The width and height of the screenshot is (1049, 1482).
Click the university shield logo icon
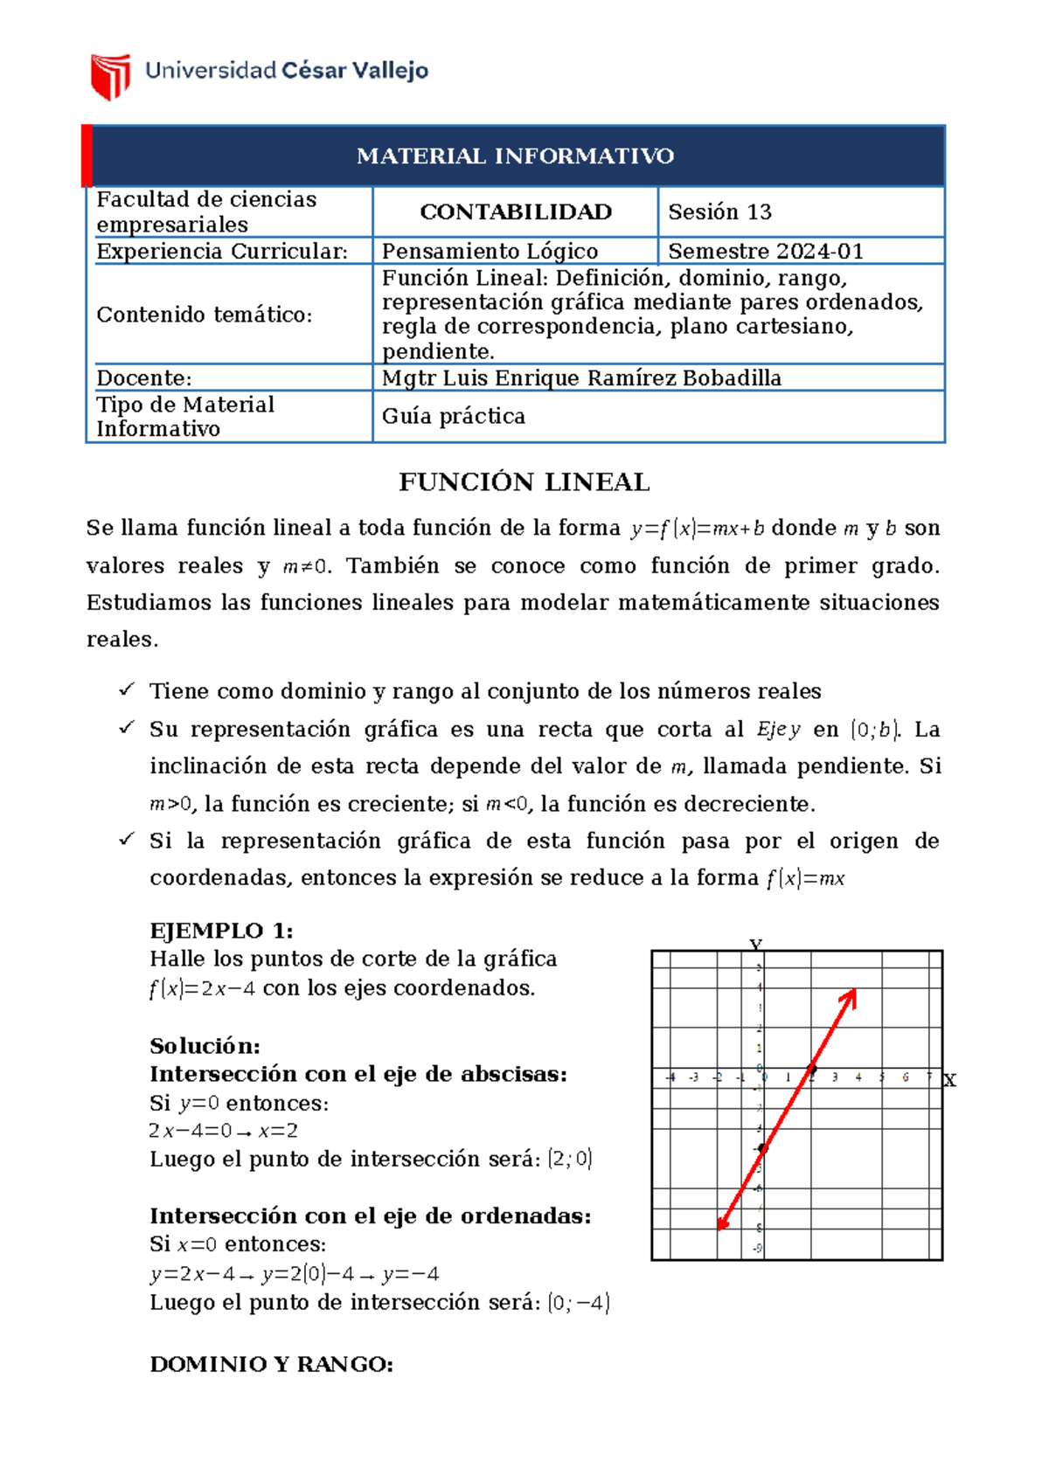[110, 76]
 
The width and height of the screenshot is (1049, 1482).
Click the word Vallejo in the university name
[390, 71]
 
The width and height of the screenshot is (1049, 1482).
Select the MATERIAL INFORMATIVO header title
[515, 156]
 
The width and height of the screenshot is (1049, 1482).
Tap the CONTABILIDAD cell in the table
[515, 211]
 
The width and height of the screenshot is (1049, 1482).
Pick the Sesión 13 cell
[719, 211]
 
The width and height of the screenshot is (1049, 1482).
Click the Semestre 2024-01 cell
[765, 252]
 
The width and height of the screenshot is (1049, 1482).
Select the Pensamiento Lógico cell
[490, 252]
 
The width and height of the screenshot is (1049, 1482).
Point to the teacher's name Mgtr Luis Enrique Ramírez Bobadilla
[581, 378]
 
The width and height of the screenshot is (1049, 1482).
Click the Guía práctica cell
[453, 416]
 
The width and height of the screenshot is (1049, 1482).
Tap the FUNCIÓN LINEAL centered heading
[524, 482]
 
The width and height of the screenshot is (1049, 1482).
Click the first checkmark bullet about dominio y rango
[127, 690]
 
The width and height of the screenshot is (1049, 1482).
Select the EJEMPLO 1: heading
[221, 931]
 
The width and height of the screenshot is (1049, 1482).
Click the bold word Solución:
[205, 1046]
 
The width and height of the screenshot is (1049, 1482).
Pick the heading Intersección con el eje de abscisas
[358, 1074]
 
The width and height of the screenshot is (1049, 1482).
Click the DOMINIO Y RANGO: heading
[271, 1364]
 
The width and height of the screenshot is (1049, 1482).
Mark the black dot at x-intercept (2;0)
[812, 1069]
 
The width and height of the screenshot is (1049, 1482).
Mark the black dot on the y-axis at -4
[762, 1148]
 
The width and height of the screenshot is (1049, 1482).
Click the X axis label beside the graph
[950, 1081]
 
